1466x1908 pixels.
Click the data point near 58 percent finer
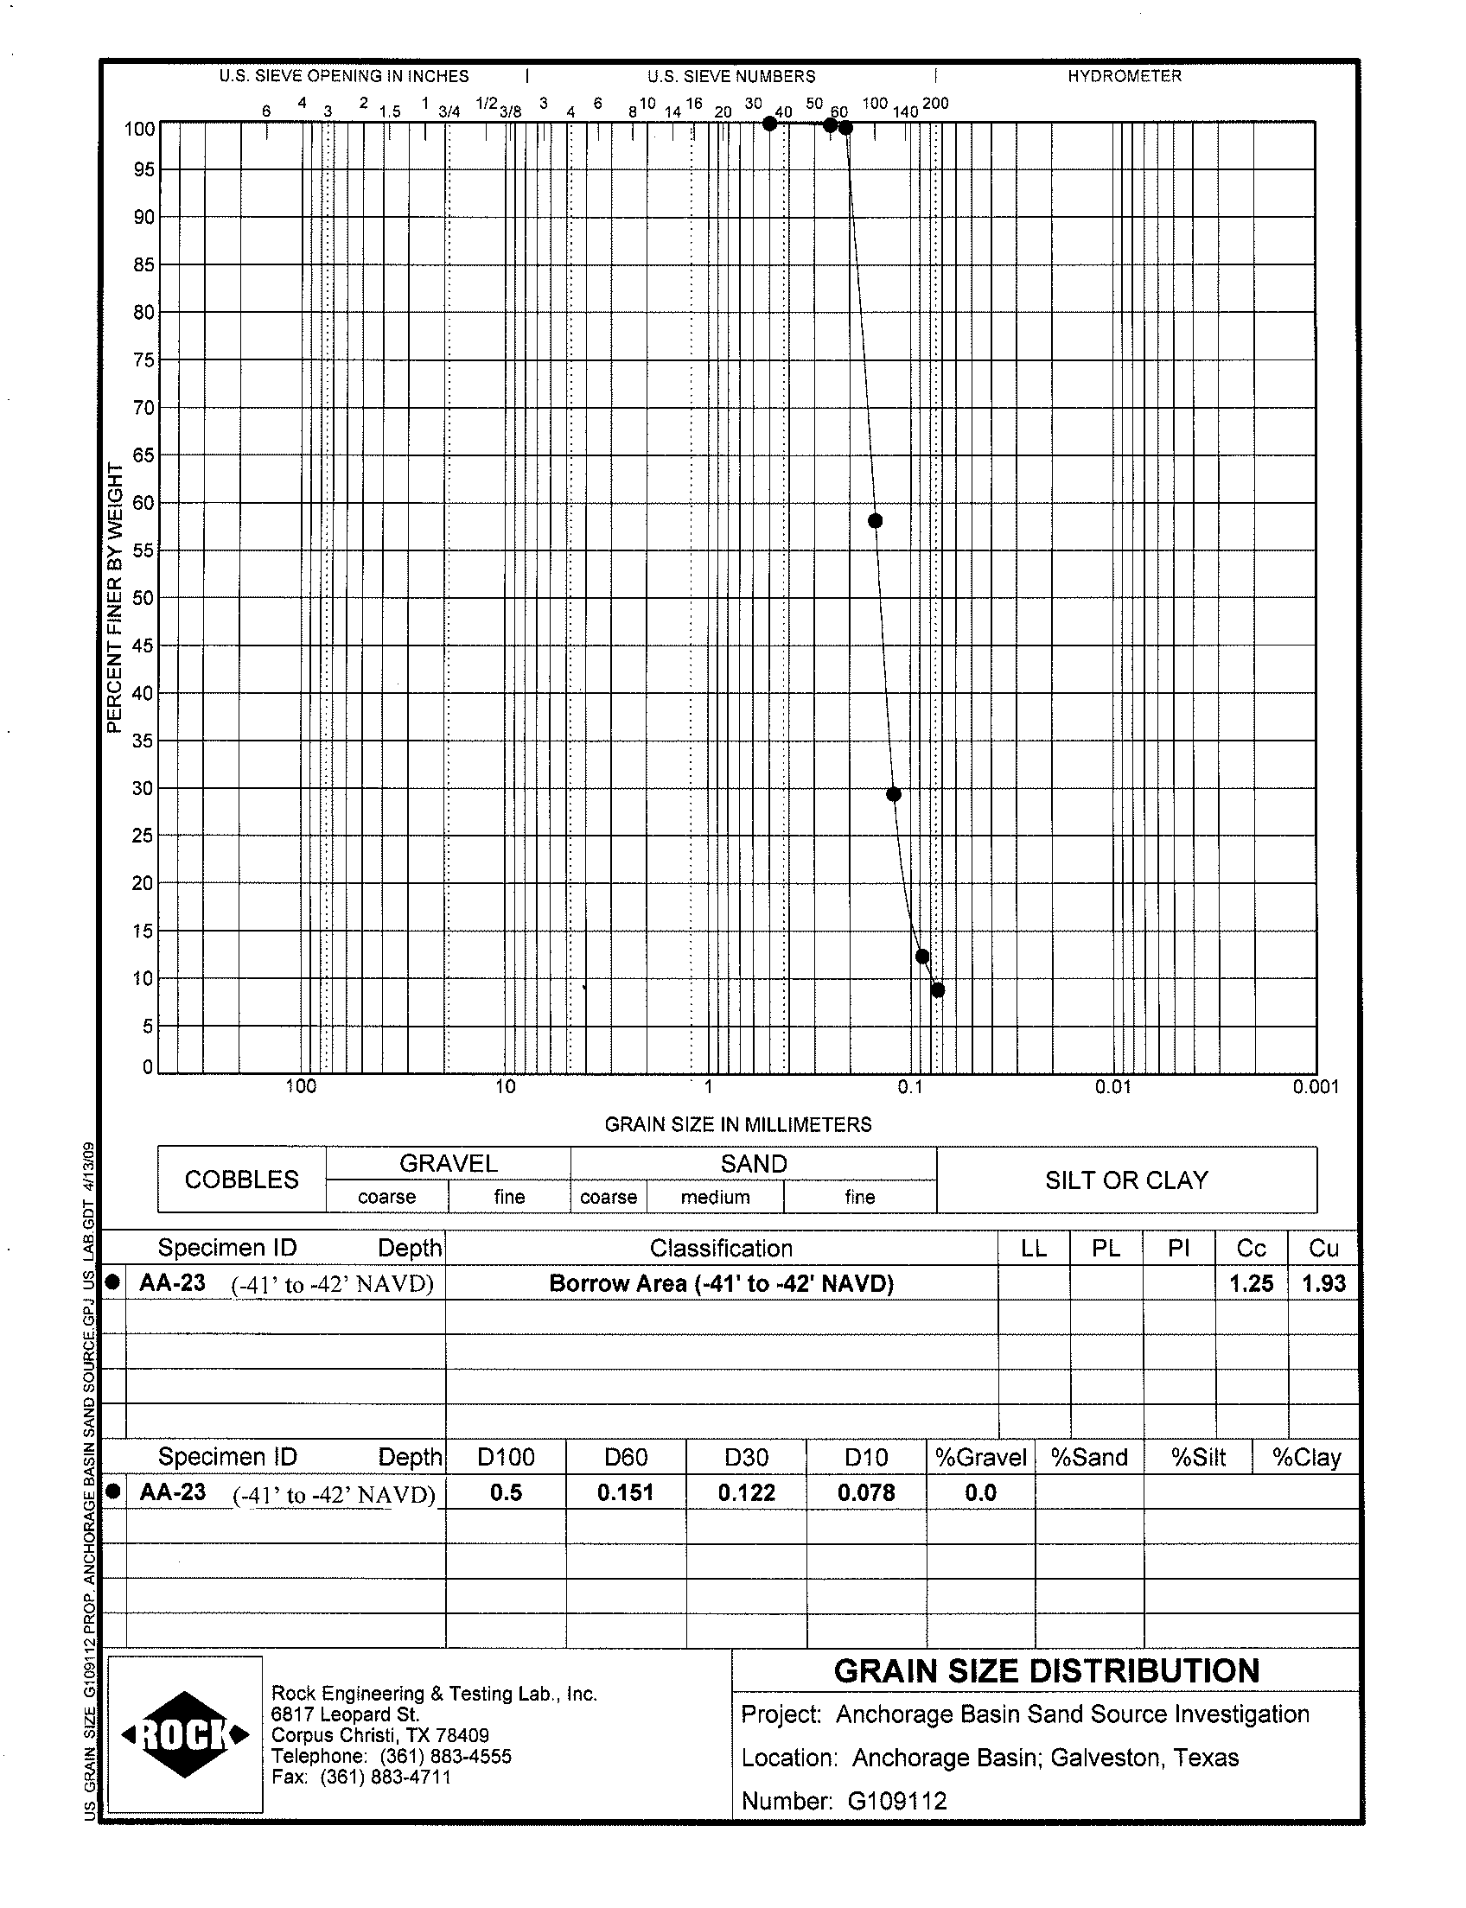pyautogui.click(x=876, y=521)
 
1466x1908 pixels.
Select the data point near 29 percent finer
pyautogui.click(x=894, y=794)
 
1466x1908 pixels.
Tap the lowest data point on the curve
pyautogui.click(x=938, y=990)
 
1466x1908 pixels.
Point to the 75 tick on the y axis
pyautogui.click(x=144, y=360)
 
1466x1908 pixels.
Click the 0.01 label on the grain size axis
pyautogui.click(x=1113, y=1087)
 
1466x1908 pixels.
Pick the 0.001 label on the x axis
pyautogui.click(x=1316, y=1087)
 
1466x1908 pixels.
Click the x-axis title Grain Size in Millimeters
pyautogui.click(x=738, y=1124)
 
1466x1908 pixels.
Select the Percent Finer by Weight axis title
pyautogui.click(x=114, y=598)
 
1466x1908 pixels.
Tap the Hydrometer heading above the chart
pyautogui.click(x=1124, y=77)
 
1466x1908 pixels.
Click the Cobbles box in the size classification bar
pyautogui.click(x=242, y=1180)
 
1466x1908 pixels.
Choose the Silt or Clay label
pyautogui.click(x=1126, y=1180)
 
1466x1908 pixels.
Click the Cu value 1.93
pyautogui.click(x=1323, y=1283)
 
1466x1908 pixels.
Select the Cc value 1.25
pyautogui.click(x=1252, y=1283)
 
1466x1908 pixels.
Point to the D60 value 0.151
pyautogui.click(x=626, y=1492)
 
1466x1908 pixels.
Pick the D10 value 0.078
pyautogui.click(x=866, y=1492)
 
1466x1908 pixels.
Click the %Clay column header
pyautogui.click(x=1306, y=1458)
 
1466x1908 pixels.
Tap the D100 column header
pyautogui.click(x=507, y=1458)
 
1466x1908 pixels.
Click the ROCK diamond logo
pyautogui.click(x=185, y=1735)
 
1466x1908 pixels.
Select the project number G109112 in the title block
pyautogui.click(x=897, y=1801)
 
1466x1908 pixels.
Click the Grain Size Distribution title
pyautogui.click(x=1046, y=1670)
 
